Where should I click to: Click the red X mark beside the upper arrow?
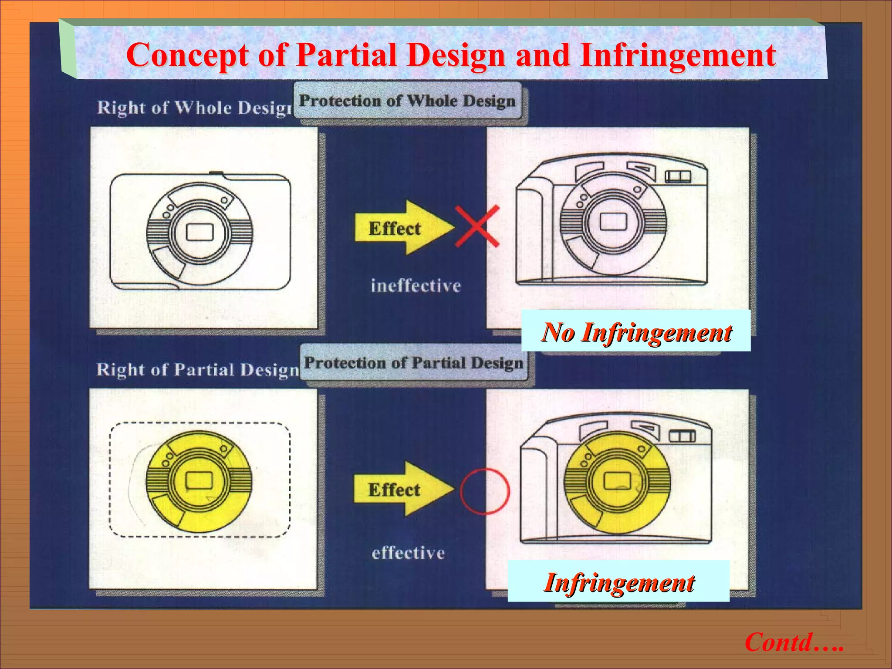tap(477, 226)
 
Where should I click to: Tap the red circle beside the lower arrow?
tap(484, 491)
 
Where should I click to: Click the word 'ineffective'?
tap(416, 286)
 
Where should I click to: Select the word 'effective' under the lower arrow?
tap(408, 553)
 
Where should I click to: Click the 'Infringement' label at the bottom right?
tap(618, 582)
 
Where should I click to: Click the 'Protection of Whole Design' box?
tap(407, 101)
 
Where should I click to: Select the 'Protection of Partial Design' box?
tap(413, 363)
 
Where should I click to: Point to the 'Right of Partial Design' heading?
tap(197, 369)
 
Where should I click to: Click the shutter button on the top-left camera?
tap(216, 173)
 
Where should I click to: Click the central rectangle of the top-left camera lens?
tap(199, 232)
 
